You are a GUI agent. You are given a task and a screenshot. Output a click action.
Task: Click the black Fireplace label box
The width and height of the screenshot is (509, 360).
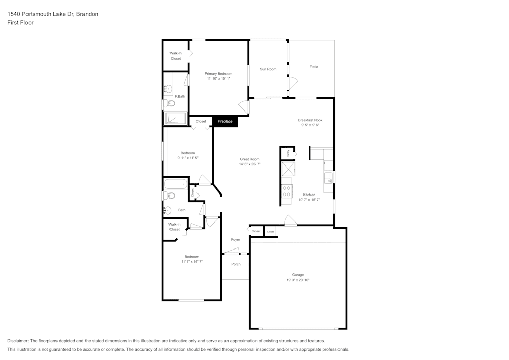point(225,121)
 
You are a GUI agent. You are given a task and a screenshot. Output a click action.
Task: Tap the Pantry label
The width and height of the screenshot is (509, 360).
point(288,152)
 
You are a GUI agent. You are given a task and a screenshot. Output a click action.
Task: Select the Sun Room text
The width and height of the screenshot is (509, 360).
point(268,69)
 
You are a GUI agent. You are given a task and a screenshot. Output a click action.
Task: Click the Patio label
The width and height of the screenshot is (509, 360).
point(314,67)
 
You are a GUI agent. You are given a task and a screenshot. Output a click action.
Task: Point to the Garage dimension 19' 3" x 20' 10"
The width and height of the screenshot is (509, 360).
point(298,280)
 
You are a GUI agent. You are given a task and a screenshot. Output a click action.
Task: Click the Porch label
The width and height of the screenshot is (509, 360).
point(236,264)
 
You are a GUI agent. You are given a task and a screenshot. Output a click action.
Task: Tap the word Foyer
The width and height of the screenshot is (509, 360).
point(235,239)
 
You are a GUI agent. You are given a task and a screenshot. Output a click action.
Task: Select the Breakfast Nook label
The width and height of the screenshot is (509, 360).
point(310,120)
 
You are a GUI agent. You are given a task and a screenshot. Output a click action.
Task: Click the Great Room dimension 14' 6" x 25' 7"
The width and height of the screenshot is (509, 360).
point(249,164)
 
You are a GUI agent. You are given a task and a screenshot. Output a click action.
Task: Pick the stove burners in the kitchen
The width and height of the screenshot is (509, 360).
point(287,191)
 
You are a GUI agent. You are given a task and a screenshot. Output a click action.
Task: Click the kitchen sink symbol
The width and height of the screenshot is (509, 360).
point(329,178)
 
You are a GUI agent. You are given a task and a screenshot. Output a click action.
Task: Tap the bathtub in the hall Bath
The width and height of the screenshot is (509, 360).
point(176,184)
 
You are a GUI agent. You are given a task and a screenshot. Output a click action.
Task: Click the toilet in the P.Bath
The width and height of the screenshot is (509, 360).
point(169,103)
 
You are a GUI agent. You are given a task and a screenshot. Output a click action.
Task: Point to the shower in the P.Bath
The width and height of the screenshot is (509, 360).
point(176,119)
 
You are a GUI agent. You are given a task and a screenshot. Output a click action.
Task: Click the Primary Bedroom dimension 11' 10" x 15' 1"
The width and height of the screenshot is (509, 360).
point(218,79)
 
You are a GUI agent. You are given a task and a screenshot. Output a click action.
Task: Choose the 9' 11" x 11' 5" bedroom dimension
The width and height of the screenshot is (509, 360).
point(187,158)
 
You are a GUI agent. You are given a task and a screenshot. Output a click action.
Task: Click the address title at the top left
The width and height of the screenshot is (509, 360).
point(53,14)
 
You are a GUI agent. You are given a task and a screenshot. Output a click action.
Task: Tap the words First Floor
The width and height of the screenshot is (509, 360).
point(20,23)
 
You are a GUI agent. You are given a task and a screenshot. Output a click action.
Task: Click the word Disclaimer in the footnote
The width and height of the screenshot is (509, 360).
point(18,341)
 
